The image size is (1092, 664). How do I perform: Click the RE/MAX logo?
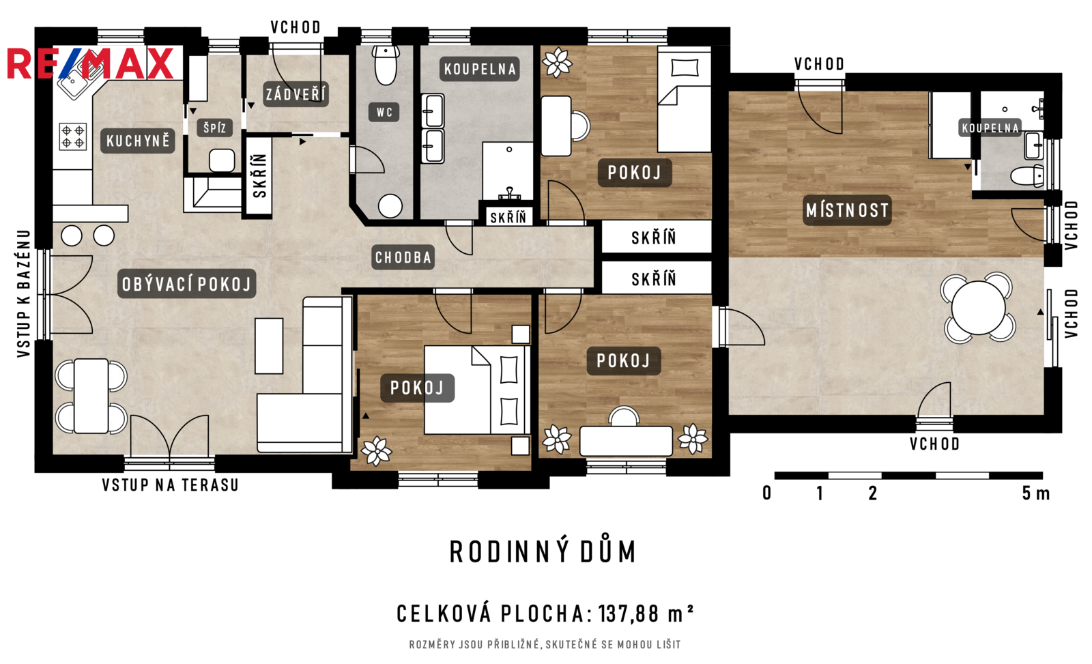coord(90,63)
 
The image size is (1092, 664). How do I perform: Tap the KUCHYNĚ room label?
coord(138,141)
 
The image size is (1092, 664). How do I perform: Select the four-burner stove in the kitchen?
coord(73,136)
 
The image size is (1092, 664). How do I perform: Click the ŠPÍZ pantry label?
coord(214,128)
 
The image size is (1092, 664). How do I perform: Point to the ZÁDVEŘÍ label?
coord(296,93)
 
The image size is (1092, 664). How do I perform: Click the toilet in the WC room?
coord(386,66)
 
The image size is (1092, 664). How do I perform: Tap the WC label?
coord(384,112)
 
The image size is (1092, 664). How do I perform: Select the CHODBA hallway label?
coord(403,257)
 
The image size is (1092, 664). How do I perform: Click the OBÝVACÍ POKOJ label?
coord(187,284)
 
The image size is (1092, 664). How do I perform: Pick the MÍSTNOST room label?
coord(847,210)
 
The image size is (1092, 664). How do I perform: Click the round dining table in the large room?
coord(978,308)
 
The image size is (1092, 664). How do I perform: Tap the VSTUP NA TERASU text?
coord(171,485)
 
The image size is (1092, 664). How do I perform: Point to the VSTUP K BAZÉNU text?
coord(24,293)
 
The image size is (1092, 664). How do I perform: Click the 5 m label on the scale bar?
coord(1036,493)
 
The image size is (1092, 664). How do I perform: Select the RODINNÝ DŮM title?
coord(543,552)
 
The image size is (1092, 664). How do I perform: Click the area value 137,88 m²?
coord(646,614)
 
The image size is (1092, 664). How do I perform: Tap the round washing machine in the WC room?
coord(390,205)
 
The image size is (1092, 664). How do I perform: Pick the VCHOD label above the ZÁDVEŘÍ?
coord(296,27)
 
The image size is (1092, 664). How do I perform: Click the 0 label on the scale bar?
coord(767,493)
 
